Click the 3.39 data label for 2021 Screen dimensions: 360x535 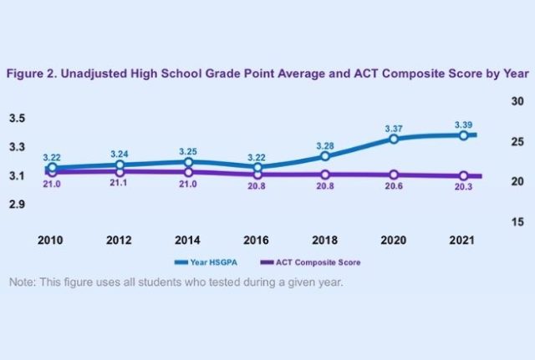(x=462, y=125)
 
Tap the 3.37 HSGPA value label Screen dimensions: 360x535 (x=394, y=129)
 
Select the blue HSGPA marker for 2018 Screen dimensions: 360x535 (x=325, y=156)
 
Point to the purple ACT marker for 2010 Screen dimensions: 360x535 (x=52, y=172)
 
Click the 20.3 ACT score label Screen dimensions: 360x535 (x=462, y=187)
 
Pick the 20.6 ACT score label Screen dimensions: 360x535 (x=394, y=186)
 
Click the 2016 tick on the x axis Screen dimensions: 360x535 (x=257, y=240)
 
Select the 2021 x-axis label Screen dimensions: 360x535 (x=461, y=240)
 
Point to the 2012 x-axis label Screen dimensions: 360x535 (x=120, y=240)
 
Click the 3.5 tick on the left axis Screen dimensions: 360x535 (x=18, y=118)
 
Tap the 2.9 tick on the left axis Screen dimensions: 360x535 (x=18, y=205)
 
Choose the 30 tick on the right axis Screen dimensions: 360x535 (x=516, y=101)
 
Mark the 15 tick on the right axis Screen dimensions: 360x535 (x=516, y=222)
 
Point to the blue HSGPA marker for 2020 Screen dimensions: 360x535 (x=394, y=139)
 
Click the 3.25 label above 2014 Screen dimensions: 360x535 (x=188, y=151)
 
